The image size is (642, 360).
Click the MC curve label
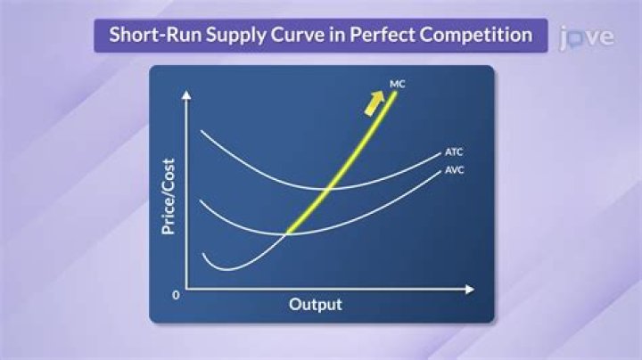pyautogui.click(x=399, y=84)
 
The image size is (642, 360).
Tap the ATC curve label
pyautogui.click(x=455, y=151)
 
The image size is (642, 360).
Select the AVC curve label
pyautogui.click(x=455, y=170)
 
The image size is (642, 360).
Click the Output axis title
pyautogui.click(x=315, y=304)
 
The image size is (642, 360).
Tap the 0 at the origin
pyautogui.click(x=177, y=294)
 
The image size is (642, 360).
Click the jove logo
pyautogui.click(x=586, y=37)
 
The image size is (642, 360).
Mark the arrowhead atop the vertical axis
pyautogui.click(x=186, y=94)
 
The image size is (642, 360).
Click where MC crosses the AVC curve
pyautogui.click(x=288, y=233)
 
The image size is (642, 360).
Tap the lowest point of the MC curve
pyautogui.click(x=226, y=269)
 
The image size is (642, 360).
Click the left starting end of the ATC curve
pyautogui.click(x=201, y=132)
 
